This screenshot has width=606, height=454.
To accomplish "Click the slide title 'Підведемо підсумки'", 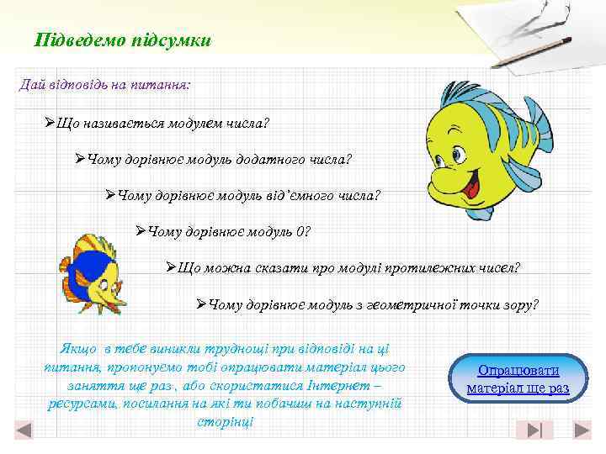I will pyautogui.click(x=123, y=40).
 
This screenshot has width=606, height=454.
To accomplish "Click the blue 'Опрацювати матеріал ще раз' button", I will pyautogui.click(x=518, y=379).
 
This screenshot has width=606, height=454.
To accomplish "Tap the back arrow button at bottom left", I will pyautogui.click(x=24, y=430).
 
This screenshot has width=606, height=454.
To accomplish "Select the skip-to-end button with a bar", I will pyautogui.click(x=534, y=430).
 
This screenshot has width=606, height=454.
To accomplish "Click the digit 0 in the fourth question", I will pyautogui.click(x=306, y=231).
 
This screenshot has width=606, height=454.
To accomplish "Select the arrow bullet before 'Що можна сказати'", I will pyautogui.click(x=171, y=267).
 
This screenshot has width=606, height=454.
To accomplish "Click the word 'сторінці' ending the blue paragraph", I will pyautogui.click(x=225, y=420).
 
